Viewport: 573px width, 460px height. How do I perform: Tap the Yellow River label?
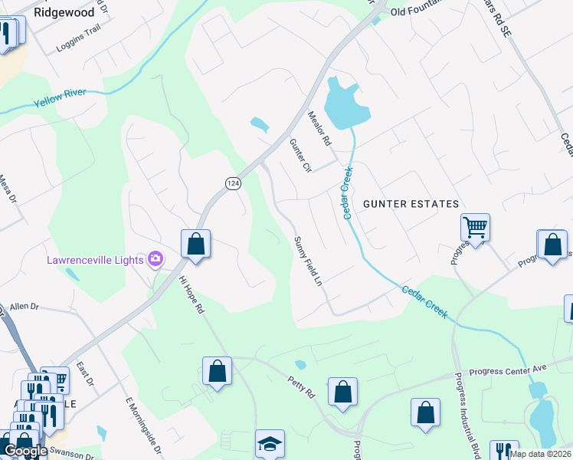pos(60,97)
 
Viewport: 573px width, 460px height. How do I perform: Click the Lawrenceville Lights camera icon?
pos(156,259)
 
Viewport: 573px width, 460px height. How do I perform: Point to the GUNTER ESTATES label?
pos(411,204)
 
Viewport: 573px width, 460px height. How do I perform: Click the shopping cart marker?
pos(475,227)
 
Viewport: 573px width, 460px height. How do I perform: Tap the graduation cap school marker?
pos(270,443)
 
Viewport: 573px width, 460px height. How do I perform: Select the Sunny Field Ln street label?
pos(308,261)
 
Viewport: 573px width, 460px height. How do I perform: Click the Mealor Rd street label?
pos(318,129)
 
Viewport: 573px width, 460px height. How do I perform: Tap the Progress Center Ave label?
pos(508,369)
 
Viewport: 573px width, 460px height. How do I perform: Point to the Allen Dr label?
pos(24,306)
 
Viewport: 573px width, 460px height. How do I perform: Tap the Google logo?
pos(25,451)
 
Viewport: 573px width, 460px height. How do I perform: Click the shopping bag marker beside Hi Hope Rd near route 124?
pos(195,245)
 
